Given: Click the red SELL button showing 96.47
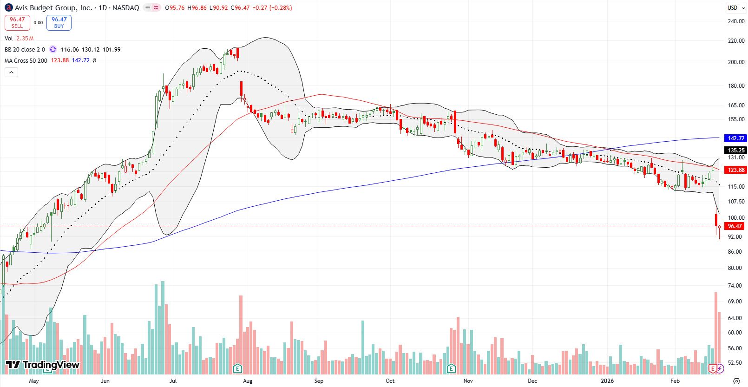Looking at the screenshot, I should (x=17, y=22).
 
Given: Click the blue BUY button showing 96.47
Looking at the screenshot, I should (x=59, y=22).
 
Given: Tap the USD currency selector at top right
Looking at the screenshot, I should (x=733, y=7).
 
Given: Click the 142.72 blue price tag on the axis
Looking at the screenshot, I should (x=736, y=138).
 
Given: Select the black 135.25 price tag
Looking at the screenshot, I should (x=736, y=150).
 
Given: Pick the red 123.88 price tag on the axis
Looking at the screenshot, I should (x=736, y=170).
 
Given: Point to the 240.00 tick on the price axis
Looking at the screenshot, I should (x=736, y=21).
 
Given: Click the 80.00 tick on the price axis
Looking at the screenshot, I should (x=735, y=268).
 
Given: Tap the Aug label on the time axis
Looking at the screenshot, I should (x=248, y=380).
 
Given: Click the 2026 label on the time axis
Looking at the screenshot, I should (x=607, y=380).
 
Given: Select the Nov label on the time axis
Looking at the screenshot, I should (x=468, y=380).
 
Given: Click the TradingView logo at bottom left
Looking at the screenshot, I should (x=43, y=365).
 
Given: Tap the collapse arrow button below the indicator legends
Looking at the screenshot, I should (x=11, y=72).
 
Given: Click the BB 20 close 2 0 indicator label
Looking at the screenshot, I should (x=25, y=49).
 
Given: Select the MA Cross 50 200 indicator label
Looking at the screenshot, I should (x=26, y=60).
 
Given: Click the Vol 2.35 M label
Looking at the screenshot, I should (x=19, y=39).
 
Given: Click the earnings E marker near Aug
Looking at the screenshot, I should (x=237, y=368).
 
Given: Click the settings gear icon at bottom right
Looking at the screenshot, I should (x=736, y=380).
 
